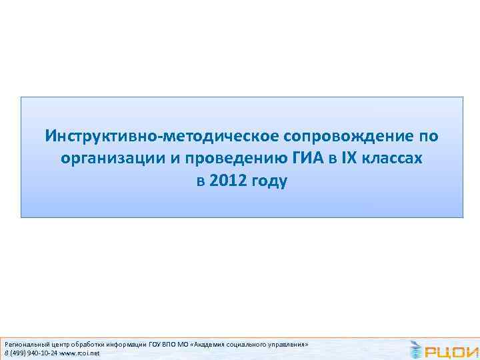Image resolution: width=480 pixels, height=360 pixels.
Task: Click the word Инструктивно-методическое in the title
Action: [x=163, y=137]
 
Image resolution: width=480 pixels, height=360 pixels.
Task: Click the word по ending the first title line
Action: [x=427, y=137]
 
